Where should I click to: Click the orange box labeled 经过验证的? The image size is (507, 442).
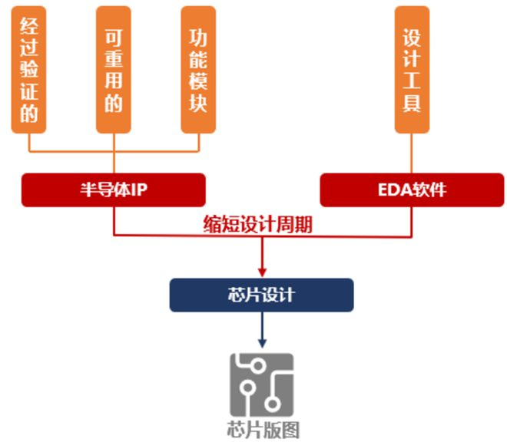(28, 69)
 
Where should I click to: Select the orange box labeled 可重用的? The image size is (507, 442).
(113, 69)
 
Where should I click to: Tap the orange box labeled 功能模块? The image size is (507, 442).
(198, 69)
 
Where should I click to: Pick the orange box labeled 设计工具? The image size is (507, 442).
(412, 69)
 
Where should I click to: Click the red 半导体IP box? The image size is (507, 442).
(113, 190)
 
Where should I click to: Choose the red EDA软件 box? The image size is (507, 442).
(412, 190)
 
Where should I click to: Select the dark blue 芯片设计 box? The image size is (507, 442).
(261, 295)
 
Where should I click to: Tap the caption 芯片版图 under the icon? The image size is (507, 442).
(262, 429)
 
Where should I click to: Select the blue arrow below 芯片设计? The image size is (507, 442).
(262, 330)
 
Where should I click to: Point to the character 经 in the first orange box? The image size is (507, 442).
(28, 28)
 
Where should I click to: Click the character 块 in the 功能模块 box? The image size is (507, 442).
(198, 105)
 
